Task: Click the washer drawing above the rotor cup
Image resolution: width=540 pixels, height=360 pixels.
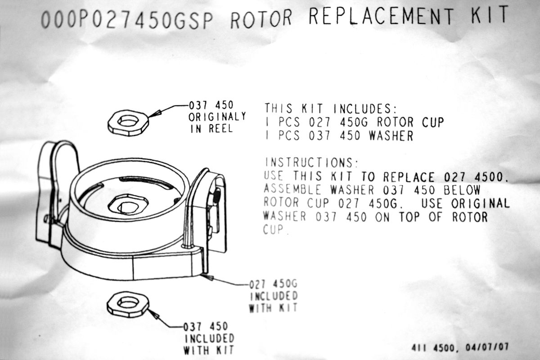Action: point(128,121)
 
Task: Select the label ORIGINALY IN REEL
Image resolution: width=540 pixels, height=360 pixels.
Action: point(217,122)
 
